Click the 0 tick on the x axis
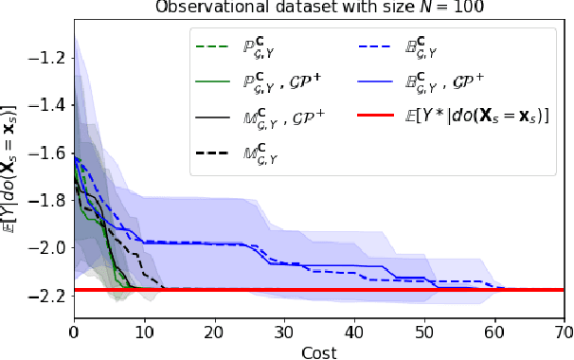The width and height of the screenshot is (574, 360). point(74,333)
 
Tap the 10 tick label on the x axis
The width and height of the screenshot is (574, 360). point(144,333)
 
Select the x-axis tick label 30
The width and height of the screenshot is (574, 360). point(283,333)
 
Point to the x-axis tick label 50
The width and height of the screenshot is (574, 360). point(423,333)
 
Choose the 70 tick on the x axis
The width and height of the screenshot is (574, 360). point(563,333)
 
